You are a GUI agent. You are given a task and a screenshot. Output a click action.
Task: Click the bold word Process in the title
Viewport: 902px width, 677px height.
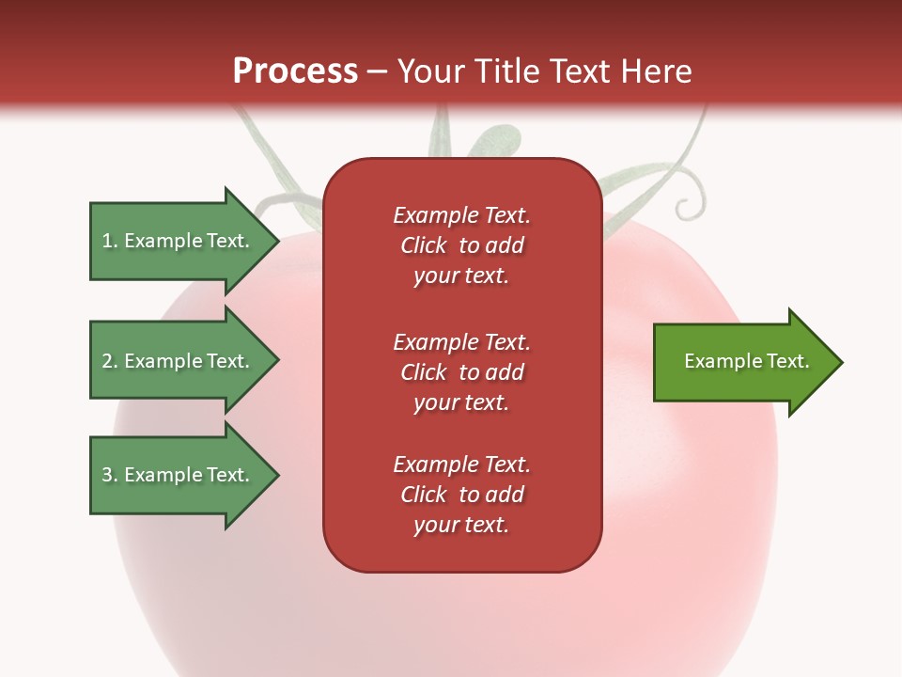(295, 71)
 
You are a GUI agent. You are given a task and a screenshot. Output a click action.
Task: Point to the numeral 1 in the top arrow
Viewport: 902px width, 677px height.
(107, 241)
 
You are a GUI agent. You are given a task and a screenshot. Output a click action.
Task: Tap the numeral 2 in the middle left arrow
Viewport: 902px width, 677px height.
(107, 361)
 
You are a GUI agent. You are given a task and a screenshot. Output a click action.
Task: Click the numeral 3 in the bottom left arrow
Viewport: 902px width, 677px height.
(107, 475)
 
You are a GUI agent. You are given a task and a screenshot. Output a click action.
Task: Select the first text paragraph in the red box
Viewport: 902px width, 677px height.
(461, 245)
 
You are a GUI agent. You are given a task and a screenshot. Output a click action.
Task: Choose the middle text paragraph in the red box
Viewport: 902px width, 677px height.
(461, 372)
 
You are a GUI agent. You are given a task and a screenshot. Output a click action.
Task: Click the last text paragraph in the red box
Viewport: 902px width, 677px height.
(461, 495)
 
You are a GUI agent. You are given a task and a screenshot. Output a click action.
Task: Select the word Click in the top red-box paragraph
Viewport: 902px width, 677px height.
(424, 245)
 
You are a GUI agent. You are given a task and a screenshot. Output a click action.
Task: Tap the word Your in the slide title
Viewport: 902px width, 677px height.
(428, 71)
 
